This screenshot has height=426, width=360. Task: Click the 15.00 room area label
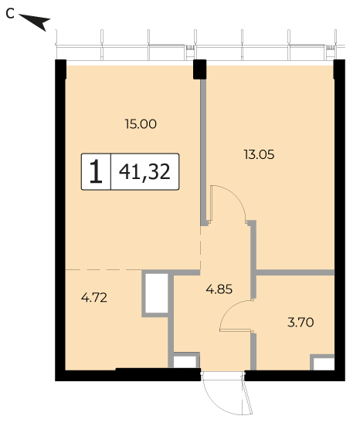coord(141,124)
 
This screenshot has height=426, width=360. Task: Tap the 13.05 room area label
coord(259,155)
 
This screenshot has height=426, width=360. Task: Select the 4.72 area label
coord(94,298)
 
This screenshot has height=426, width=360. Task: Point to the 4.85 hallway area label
coord(219,289)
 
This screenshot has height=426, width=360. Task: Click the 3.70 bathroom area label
coord(301,323)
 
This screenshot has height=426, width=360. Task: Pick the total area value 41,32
coord(144,171)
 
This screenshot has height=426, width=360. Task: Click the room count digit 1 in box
coord(96,171)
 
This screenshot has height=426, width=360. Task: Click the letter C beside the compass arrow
coord(10,14)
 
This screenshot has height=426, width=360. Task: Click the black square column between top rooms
coord(199,69)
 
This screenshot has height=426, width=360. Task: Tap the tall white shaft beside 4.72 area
coord(156,293)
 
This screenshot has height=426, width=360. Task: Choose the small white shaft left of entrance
coord(185,362)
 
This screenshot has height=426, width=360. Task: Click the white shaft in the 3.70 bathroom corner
coord(324,363)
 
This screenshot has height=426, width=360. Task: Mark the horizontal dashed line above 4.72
coord(104,270)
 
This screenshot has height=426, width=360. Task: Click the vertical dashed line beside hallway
coord(201,248)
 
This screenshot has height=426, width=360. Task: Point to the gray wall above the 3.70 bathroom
coord(295,272)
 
